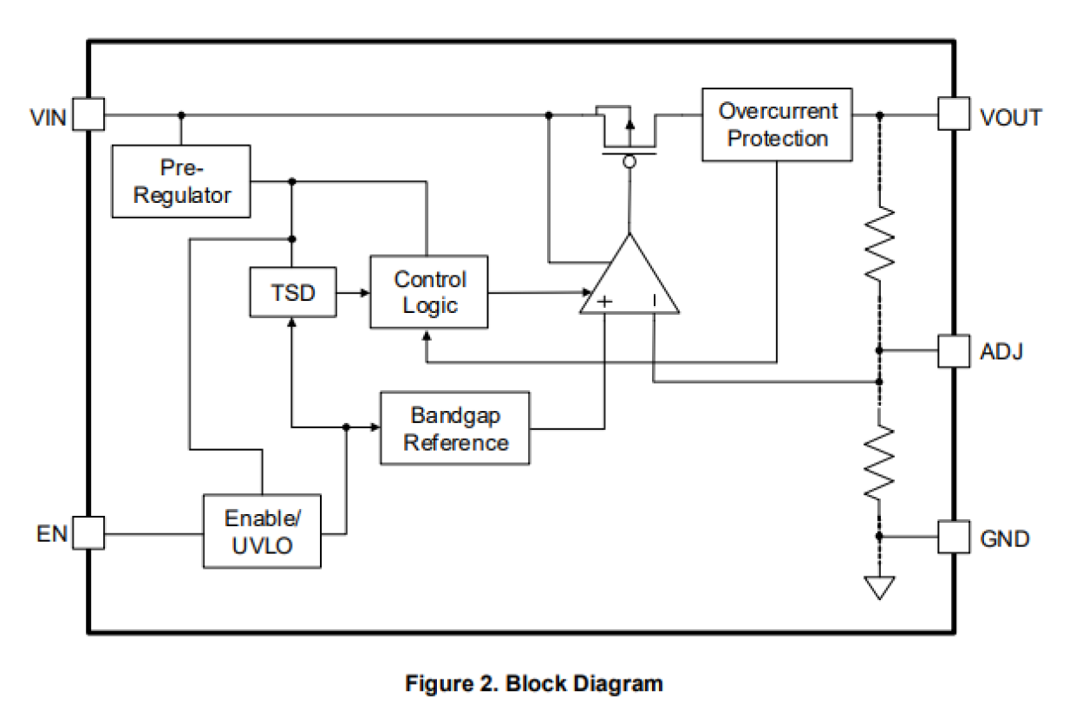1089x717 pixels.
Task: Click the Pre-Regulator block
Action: (x=181, y=181)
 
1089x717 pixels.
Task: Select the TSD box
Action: (x=292, y=292)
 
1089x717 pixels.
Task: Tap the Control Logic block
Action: (x=428, y=292)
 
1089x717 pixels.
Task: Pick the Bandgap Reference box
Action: (x=455, y=428)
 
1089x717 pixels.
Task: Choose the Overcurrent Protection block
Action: (x=777, y=125)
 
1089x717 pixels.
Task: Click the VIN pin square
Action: (x=88, y=114)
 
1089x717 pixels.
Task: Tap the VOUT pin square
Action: (x=953, y=114)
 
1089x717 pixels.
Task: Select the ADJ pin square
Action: (x=953, y=351)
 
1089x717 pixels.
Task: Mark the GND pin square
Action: (x=953, y=537)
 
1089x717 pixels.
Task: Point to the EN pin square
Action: (x=88, y=532)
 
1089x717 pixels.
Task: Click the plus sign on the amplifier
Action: (x=605, y=301)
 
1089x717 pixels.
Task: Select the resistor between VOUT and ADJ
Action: (x=879, y=243)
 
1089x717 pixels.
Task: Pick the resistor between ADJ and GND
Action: (x=879, y=461)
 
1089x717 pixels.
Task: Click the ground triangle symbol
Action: (x=879, y=588)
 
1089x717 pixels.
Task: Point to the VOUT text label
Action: (x=1011, y=117)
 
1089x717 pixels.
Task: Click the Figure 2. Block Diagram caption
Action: (x=533, y=683)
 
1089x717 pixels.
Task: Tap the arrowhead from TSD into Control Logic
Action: (x=364, y=293)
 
